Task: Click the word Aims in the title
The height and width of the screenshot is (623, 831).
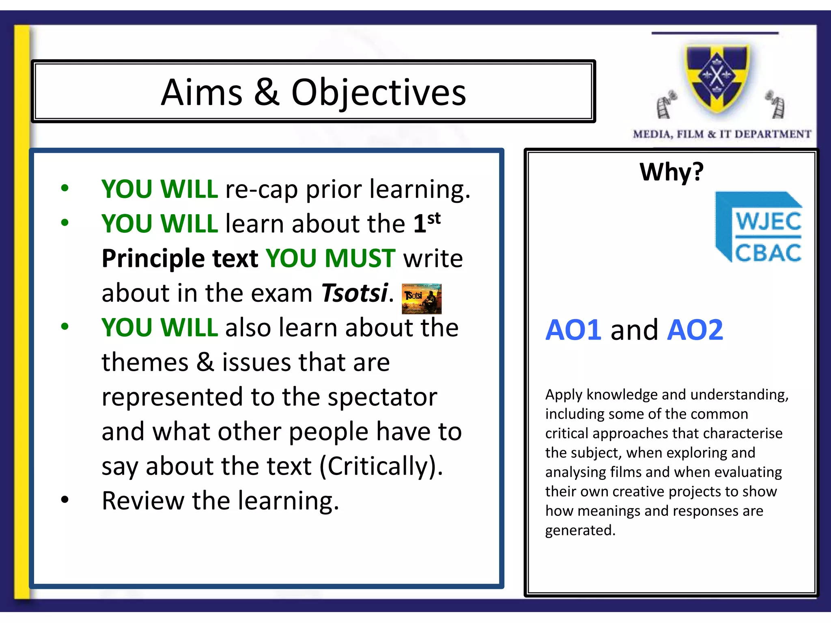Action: point(202,92)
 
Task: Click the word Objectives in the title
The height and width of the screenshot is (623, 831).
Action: point(379,93)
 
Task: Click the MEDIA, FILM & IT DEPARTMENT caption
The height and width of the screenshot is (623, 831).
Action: point(722,134)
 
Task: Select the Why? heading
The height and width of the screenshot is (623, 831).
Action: point(672,172)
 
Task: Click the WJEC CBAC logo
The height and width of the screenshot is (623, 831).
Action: point(759,227)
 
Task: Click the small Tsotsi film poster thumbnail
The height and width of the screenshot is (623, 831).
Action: point(422,299)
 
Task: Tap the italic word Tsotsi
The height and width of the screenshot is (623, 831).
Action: point(354,293)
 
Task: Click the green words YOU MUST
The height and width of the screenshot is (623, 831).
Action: point(330,258)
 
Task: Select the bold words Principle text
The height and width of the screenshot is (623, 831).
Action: point(180,258)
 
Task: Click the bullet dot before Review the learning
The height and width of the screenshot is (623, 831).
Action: point(65,500)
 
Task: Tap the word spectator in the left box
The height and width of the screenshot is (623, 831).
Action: point(382,397)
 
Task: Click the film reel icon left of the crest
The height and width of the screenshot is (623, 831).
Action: point(666,105)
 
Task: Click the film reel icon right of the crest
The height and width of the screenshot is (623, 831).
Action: point(775,104)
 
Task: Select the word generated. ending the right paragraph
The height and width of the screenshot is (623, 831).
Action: point(580,531)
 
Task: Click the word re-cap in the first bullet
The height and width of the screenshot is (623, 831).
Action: point(261,189)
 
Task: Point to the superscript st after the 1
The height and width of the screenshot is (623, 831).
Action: point(434,218)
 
